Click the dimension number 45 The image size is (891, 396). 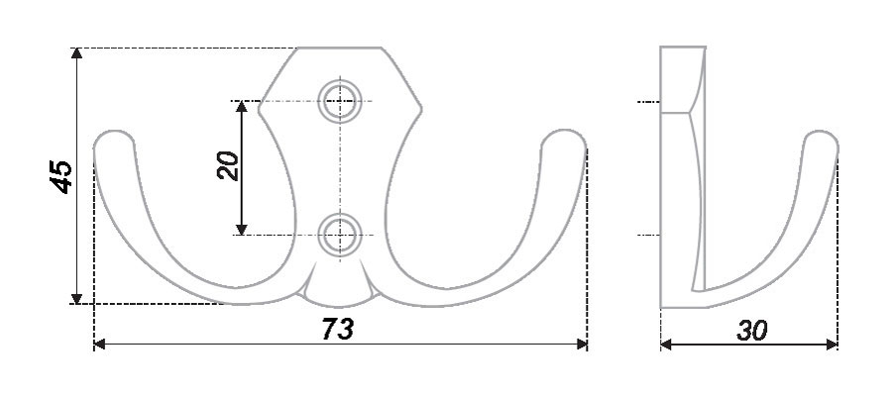[x=61, y=176]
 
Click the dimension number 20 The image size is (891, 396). [x=228, y=165]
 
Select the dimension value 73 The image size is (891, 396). [x=338, y=329]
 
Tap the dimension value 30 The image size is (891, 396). [x=752, y=331]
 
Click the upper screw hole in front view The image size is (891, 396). [x=340, y=102]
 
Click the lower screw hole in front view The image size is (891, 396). [x=340, y=235]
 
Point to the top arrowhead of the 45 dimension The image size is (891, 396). [x=76, y=52]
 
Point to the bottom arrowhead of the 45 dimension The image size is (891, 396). [x=76, y=298]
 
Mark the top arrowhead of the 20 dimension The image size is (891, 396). [x=242, y=107]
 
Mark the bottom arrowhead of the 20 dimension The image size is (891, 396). [x=242, y=230]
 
